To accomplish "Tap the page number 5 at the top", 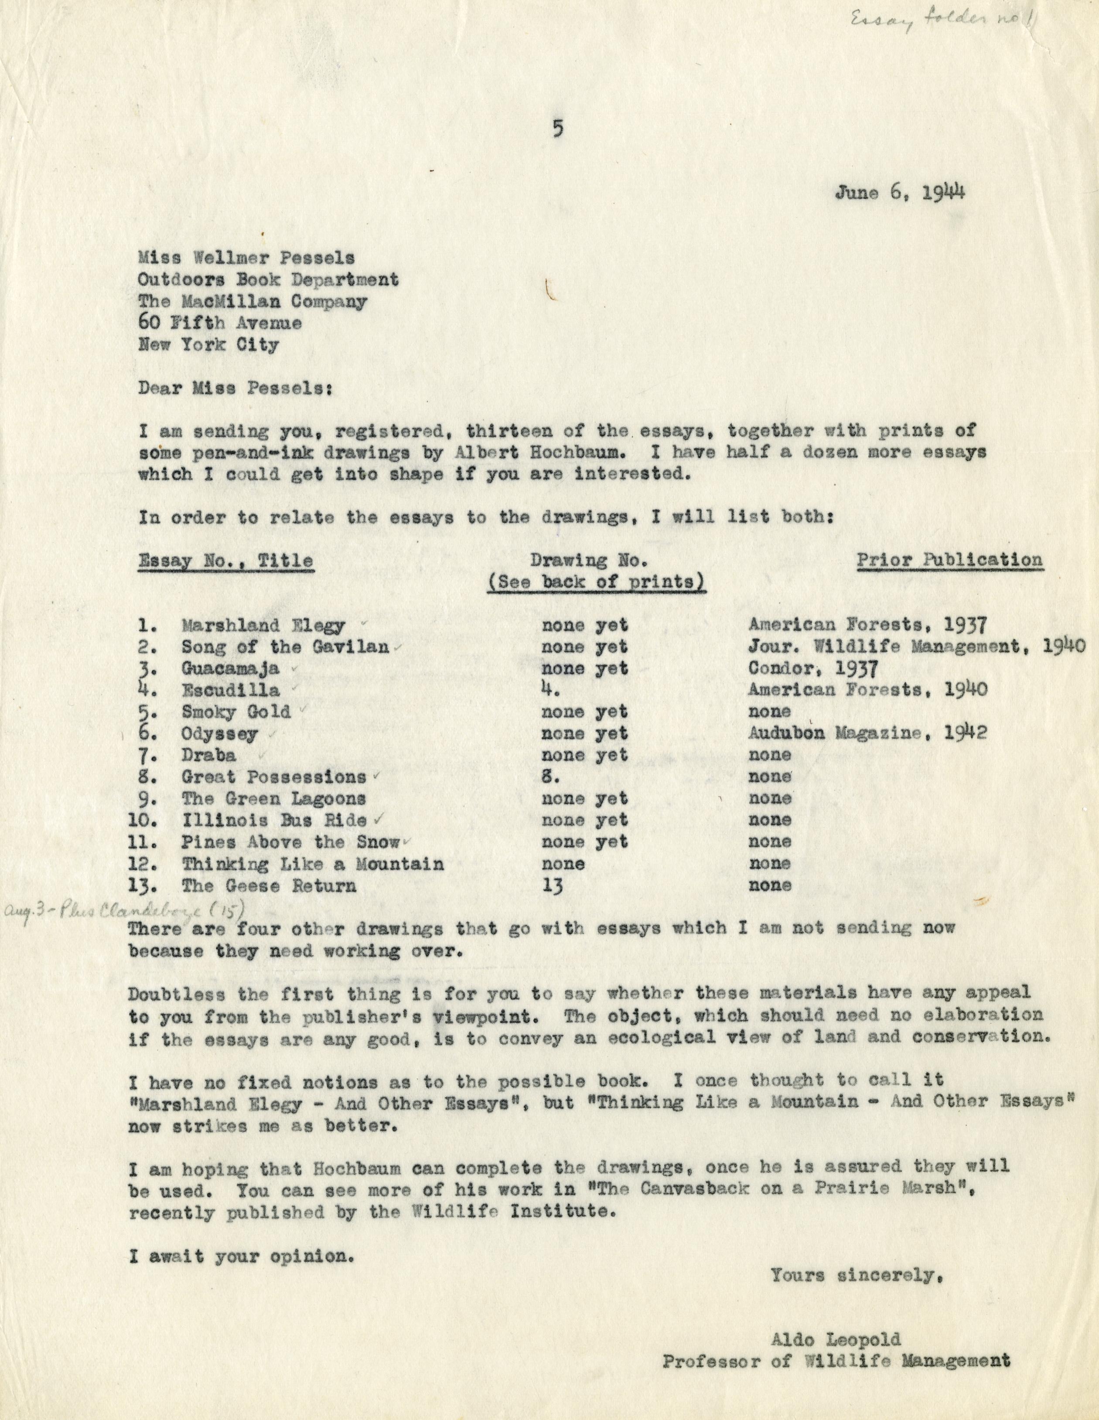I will point(556,129).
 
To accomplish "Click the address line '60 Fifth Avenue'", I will point(220,323).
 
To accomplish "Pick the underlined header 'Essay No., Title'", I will point(225,561).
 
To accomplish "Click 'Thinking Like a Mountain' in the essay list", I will point(313,864).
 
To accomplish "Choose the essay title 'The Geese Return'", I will point(269,885).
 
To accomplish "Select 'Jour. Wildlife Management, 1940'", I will point(916,647).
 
